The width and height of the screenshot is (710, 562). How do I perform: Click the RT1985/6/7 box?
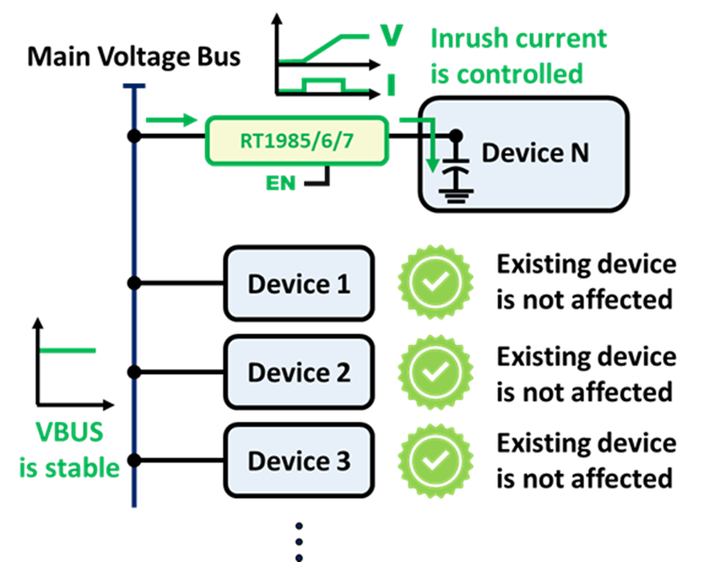point(296,140)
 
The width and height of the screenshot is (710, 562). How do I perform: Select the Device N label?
point(535,153)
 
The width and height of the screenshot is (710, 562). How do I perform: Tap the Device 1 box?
point(299,283)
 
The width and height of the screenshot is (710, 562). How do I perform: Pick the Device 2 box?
point(299,372)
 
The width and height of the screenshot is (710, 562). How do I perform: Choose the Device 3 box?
point(299,460)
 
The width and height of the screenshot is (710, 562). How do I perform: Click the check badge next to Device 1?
point(434,283)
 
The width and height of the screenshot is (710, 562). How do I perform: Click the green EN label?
point(281,182)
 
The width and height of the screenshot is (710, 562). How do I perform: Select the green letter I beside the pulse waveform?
point(392,85)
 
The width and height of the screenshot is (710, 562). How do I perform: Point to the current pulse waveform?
point(324,84)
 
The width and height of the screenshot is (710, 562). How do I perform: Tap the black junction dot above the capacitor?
point(456,135)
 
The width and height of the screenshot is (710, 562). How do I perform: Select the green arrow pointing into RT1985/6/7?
point(172,121)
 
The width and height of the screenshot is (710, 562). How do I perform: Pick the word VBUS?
point(69,432)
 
